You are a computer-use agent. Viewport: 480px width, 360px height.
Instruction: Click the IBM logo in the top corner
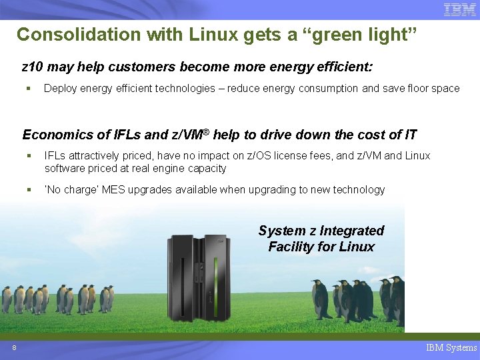459,9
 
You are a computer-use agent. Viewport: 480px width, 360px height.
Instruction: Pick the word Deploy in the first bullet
60,88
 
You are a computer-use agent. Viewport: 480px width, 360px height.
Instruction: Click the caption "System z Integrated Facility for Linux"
321,239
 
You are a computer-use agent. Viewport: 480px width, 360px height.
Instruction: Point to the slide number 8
14,348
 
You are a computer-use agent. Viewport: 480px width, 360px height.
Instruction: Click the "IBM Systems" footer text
451,347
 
